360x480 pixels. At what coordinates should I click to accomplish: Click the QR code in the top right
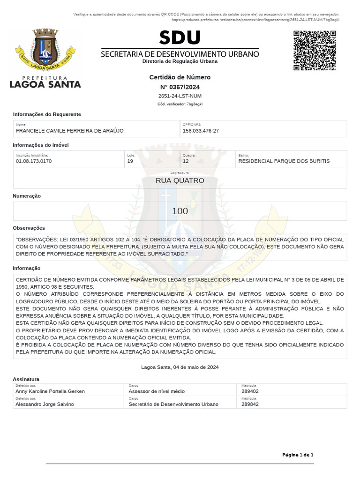pyautogui.click(x=315, y=51)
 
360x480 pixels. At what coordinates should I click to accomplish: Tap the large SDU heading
pyautogui.click(x=180, y=38)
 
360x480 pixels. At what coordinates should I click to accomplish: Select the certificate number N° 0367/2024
pyautogui.click(x=180, y=87)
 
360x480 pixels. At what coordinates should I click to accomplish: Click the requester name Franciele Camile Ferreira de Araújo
pyautogui.click(x=70, y=131)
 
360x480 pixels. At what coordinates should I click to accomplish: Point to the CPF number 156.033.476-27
pyautogui.click(x=201, y=131)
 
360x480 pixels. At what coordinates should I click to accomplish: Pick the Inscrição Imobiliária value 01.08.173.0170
pyautogui.click(x=34, y=161)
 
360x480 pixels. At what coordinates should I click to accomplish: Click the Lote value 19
pyautogui.click(x=130, y=161)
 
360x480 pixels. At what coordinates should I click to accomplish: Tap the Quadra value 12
pyautogui.click(x=186, y=161)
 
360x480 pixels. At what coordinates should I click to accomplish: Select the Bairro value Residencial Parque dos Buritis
pyautogui.click(x=284, y=161)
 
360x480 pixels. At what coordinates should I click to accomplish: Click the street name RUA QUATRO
pyautogui.click(x=180, y=180)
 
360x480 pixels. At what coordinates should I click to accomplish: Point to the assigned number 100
pyautogui.click(x=180, y=211)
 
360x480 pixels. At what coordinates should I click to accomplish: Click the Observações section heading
pyautogui.click(x=29, y=228)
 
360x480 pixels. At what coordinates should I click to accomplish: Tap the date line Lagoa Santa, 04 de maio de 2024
pyautogui.click(x=180, y=367)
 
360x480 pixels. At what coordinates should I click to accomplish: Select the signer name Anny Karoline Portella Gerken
pyautogui.click(x=50, y=391)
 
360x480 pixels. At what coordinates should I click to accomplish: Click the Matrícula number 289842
pyautogui.click(x=250, y=404)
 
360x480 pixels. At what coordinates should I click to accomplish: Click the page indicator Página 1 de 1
pyautogui.click(x=298, y=455)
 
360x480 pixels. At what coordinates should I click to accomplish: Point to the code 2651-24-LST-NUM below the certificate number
pyautogui.click(x=180, y=96)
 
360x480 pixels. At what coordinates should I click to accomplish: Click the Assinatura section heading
pyautogui.click(x=26, y=379)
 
